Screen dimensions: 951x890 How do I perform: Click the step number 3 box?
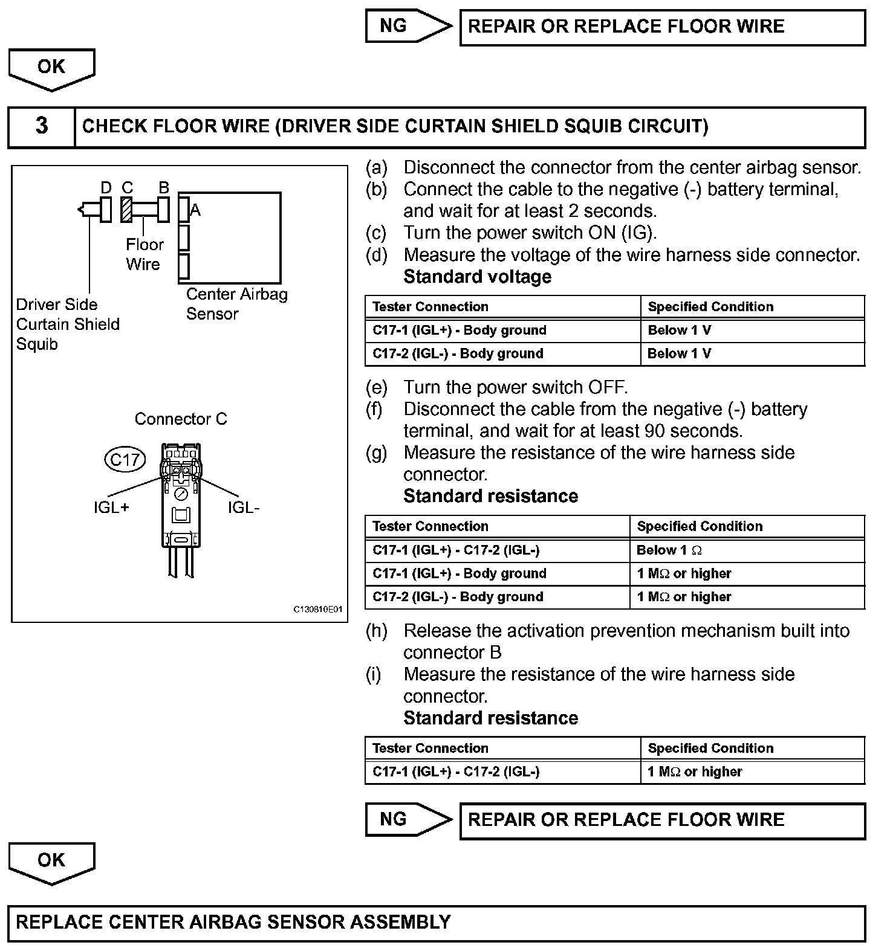41,126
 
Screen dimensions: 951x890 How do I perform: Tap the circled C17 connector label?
125,460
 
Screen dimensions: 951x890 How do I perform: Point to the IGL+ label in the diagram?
111,507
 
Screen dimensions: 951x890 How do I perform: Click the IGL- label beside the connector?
244,508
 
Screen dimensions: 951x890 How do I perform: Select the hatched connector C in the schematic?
127,210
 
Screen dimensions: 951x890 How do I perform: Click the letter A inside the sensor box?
195,210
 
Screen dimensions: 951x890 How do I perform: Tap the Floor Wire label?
144,254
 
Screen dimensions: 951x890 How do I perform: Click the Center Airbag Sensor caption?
236,304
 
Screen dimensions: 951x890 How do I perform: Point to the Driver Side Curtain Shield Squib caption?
67,324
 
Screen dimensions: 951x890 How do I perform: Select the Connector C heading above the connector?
181,419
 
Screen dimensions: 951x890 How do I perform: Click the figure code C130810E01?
318,610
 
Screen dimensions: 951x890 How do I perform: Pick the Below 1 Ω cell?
669,550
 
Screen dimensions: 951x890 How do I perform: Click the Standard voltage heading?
478,277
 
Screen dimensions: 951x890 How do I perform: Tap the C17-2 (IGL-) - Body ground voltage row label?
458,354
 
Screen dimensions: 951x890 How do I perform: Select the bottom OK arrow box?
51,861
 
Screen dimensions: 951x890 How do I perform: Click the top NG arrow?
408,26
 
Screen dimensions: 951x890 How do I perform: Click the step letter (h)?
377,631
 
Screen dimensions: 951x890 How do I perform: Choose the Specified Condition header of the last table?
710,749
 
